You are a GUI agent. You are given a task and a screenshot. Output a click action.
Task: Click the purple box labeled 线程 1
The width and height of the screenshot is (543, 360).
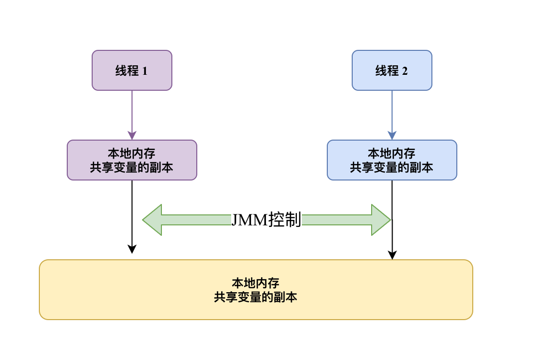coord(132,70)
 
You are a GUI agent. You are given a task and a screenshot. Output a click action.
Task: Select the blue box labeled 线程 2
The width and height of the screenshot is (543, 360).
coord(392,70)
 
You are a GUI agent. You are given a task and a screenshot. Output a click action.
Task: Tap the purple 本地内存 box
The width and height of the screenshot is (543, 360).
coord(132,160)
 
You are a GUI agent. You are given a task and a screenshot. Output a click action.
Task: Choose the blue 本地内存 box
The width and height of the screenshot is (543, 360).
coord(392,160)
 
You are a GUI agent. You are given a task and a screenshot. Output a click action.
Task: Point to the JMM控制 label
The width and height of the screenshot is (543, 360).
coord(266,220)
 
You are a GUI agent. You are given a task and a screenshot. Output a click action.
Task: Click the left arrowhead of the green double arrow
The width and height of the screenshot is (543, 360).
coord(152,220)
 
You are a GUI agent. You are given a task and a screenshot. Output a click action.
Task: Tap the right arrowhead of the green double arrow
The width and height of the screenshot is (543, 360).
coord(381,220)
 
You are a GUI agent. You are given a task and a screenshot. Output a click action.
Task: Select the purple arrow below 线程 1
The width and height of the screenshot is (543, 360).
coord(132,112)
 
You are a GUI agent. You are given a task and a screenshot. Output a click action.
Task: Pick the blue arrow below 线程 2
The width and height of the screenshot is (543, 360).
coord(392,112)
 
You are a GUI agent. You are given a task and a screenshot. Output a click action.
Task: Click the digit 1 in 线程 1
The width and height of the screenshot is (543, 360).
coord(145,71)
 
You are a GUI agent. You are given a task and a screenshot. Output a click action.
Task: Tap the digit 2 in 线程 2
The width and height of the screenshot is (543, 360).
coord(405,71)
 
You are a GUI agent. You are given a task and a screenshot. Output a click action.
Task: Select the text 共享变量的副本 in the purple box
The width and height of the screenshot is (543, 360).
coord(132,168)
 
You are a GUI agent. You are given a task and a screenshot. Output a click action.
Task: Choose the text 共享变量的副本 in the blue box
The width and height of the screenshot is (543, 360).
coord(392,168)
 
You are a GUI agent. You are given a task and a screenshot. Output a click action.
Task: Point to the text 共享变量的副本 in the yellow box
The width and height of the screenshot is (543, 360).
coord(256,298)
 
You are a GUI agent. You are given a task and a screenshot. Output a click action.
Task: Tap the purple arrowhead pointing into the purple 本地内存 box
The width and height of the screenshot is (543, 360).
coord(132,136)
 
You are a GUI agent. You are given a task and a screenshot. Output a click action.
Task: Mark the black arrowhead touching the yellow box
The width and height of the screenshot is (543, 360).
coord(392,255)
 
